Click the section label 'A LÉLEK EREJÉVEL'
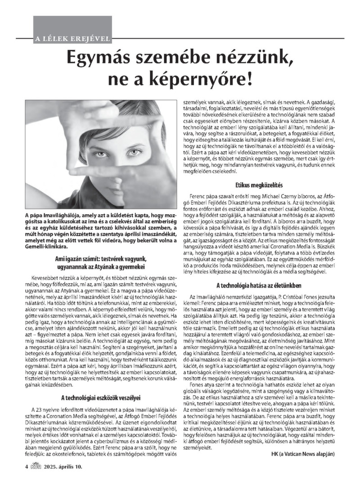pos(72,38)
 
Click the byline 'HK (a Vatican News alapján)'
pos(303,466)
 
